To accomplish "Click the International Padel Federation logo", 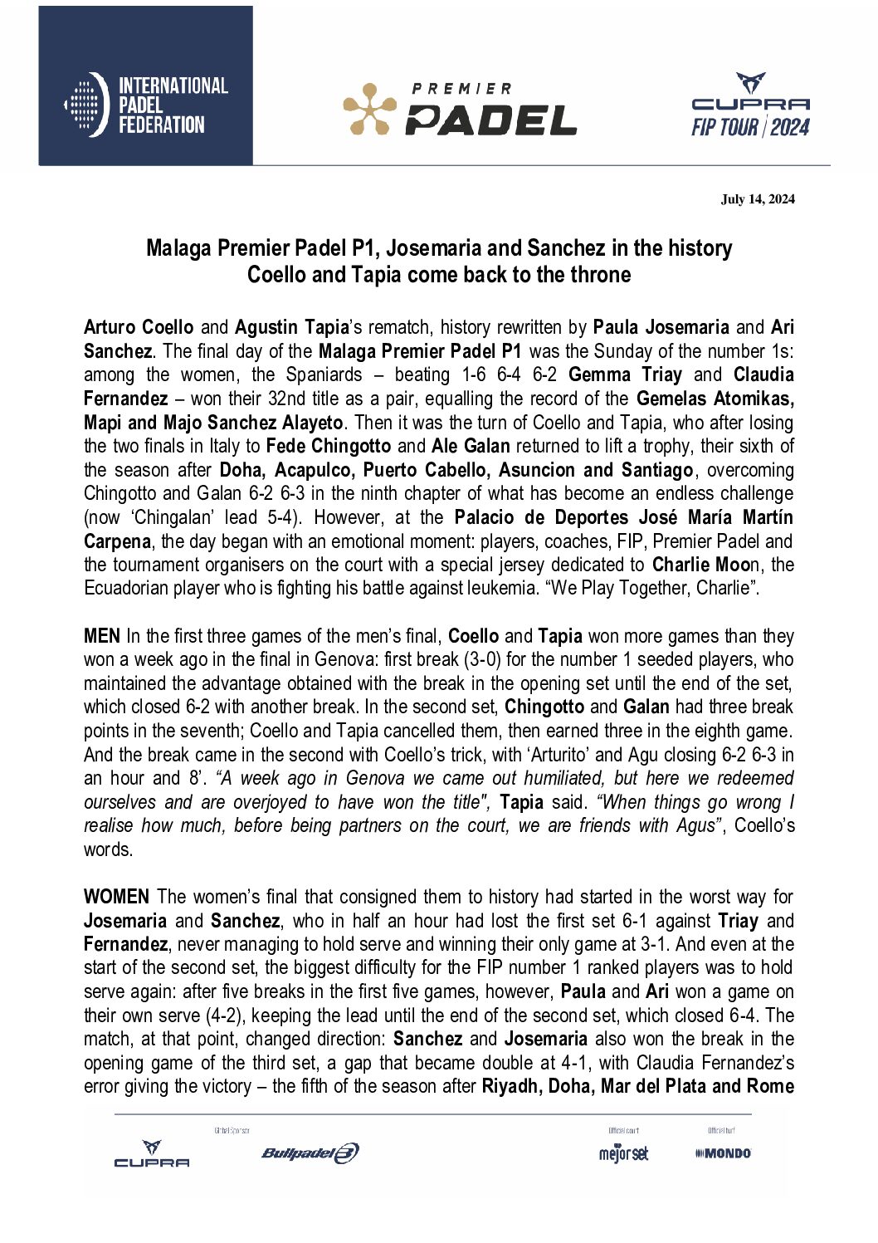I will (145, 105).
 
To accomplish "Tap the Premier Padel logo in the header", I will (460, 109).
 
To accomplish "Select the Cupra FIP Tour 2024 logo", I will (750, 105).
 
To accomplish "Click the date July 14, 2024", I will (758, 198).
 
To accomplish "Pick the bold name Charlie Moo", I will (697, 565).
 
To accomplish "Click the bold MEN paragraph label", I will (102, 636).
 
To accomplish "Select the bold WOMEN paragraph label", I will (116, 897).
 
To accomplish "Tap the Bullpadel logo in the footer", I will (310, 1152).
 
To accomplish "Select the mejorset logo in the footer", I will (623, 1153).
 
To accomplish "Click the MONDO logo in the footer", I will (723, 1152).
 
